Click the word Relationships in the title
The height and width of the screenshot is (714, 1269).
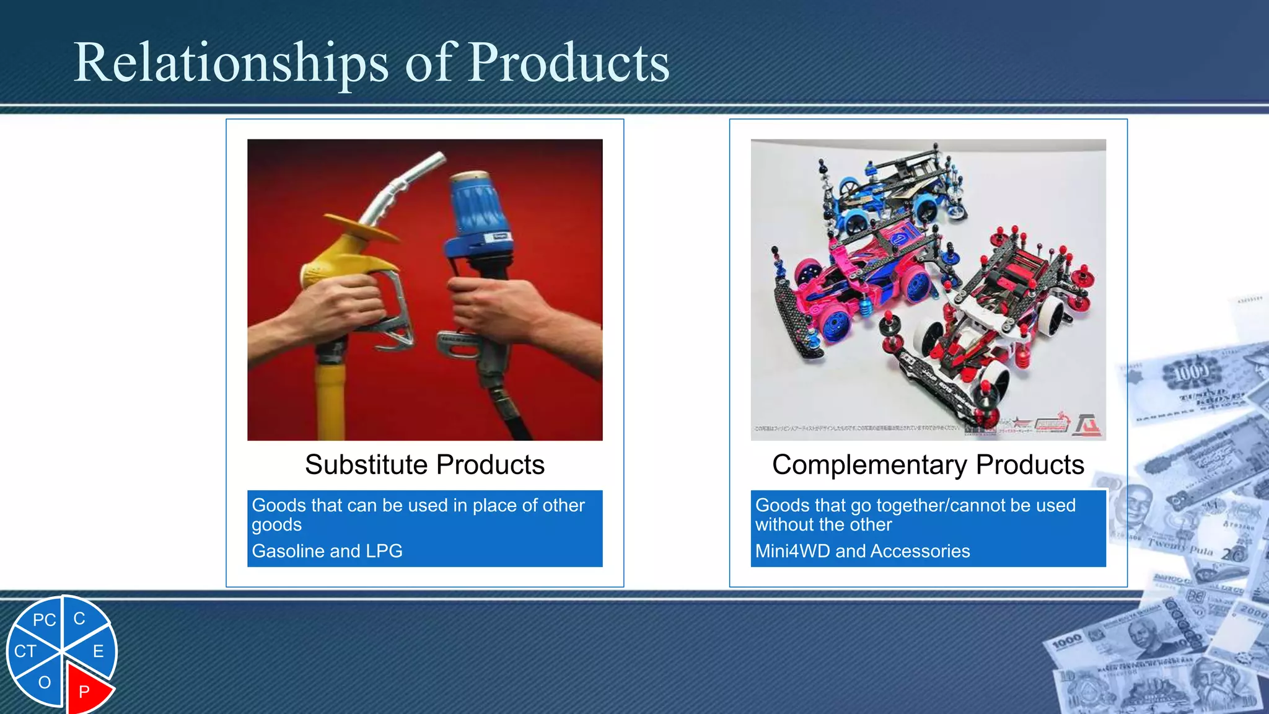point(231,63)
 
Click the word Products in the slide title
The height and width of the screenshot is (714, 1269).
point(568,63)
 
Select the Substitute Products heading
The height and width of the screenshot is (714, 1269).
point(424,465)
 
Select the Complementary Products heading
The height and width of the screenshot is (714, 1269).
point(928,465)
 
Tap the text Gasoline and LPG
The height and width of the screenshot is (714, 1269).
point(327,551)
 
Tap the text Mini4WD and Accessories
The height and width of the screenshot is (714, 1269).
point(862,551)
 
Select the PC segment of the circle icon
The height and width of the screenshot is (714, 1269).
point(44,620)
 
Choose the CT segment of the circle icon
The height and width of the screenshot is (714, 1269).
point(25,651)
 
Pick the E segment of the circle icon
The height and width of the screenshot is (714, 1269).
point(98,651)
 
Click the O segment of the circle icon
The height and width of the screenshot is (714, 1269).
point(44,682)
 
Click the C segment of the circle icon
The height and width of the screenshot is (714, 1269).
point(79,619)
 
